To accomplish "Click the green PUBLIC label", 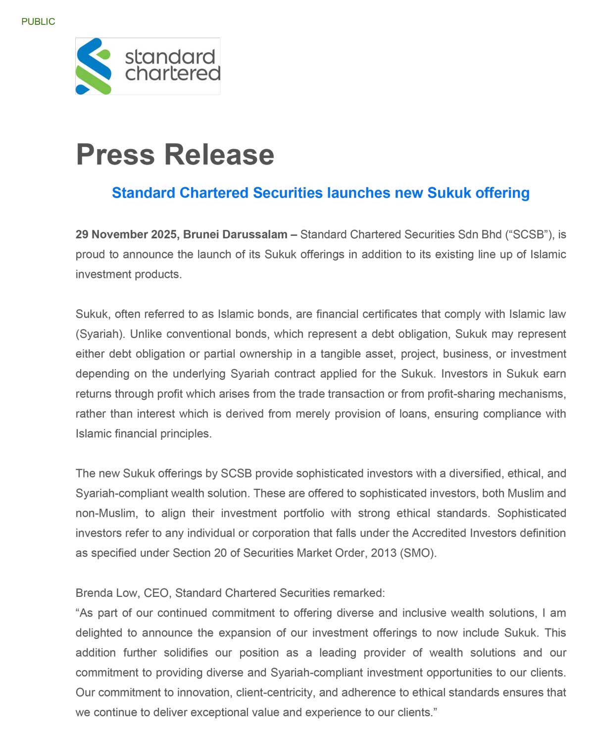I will click(38, 22).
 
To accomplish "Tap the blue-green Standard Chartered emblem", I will click(93, 66).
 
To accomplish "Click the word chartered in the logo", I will click(172, 74).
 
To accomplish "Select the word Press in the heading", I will click(115, 154).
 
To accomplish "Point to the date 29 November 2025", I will click(126, 234).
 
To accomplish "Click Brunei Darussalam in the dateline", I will click(235, 234).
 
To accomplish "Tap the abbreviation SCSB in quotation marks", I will click(528, 234).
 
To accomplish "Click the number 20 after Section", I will click(220, 553).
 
